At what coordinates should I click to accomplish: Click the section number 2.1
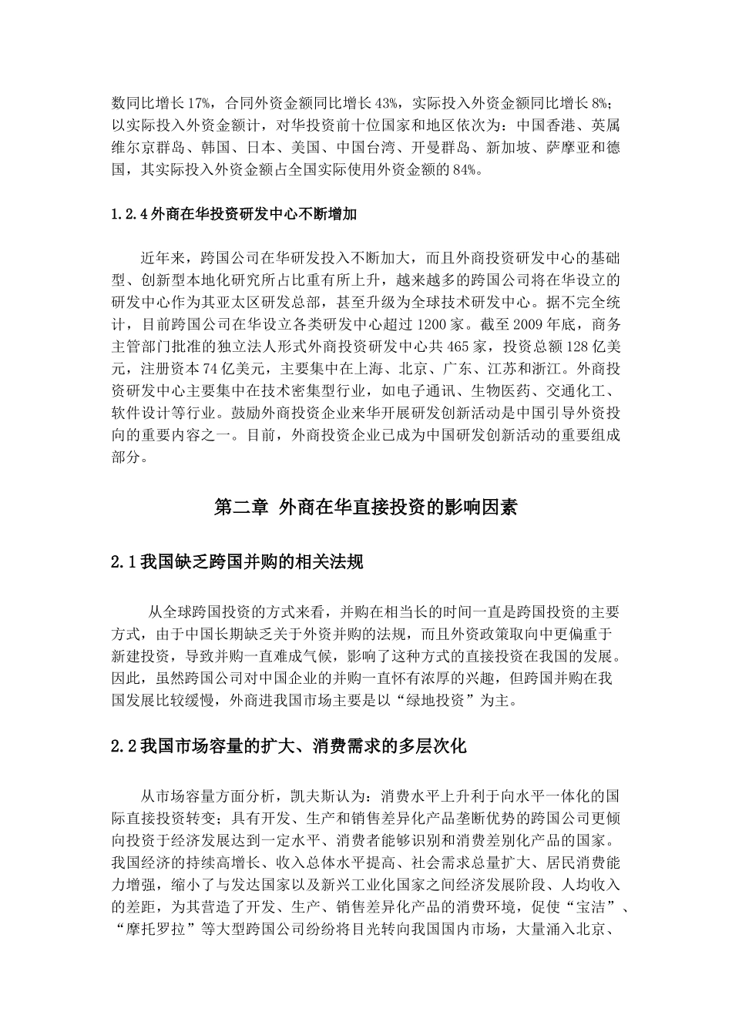coord(123,563)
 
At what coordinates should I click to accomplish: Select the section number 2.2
coord(123,745)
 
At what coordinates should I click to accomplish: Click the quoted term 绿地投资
coord(412,701)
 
